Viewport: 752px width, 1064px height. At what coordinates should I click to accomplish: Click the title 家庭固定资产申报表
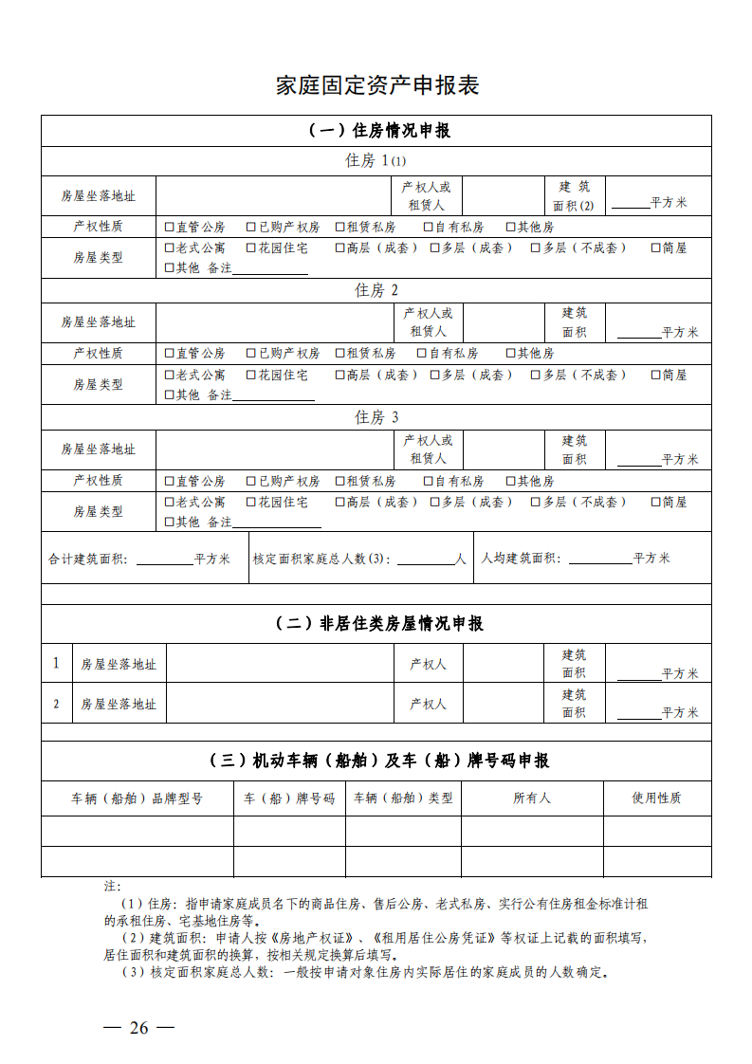[377, 85]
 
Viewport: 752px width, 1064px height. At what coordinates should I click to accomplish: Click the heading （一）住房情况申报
[377, 131]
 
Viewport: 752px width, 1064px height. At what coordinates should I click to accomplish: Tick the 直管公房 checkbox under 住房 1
[170, 228]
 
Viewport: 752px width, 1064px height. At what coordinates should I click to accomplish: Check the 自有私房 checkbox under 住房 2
[422, 354]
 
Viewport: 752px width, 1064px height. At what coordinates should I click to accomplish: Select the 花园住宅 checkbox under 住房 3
[251, 503]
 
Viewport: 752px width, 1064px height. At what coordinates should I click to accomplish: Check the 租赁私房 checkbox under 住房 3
[340, 482]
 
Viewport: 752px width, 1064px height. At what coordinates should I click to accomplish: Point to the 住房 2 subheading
[377, 290]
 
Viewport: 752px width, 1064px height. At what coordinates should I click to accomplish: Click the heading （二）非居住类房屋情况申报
[377, 623]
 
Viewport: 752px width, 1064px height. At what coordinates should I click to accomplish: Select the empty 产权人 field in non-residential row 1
[504, 664]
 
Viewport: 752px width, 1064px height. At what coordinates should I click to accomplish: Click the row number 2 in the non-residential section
[56, 704]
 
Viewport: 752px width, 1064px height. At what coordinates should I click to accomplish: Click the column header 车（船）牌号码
[289, 798]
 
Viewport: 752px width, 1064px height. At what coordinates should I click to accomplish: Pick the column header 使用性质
[656, 798]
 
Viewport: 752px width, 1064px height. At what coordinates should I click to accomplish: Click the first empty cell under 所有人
[532, 831]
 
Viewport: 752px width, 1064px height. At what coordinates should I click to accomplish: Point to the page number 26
[139, 1028]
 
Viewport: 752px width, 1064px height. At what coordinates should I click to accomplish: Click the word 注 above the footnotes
[112, 886]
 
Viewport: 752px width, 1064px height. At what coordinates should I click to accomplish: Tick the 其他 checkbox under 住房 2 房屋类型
[170, 395]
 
